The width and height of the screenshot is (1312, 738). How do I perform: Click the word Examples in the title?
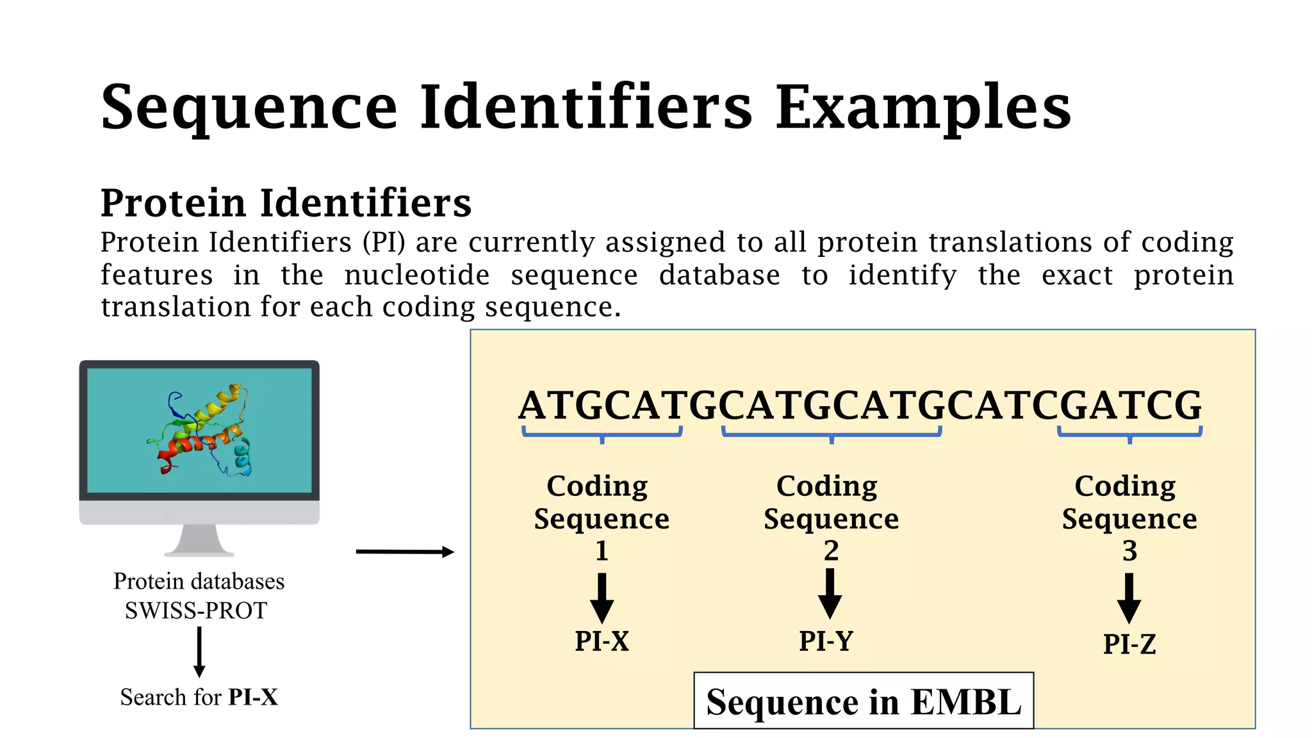click(922, 108)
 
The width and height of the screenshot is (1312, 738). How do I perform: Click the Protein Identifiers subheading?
click(286, 203)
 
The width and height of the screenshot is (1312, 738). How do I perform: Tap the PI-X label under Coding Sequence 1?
click(602, 641)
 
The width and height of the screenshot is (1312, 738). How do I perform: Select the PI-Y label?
click(826, 641)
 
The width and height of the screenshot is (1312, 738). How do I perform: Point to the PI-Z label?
click(1129, 644)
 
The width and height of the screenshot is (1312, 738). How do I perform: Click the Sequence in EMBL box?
click(863, 701)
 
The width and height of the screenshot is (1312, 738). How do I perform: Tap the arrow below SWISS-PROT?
click(199, 651)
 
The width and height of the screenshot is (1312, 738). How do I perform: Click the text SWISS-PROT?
click(196, 611)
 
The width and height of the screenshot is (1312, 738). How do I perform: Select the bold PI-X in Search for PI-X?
click(253, 697)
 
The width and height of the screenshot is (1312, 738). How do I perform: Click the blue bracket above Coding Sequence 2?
click(832, 434)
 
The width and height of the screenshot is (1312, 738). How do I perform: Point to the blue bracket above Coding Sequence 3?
click(1129, 434)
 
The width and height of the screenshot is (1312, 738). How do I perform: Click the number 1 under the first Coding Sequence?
click(602, 551)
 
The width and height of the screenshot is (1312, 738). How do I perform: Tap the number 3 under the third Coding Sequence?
click(1129, 551)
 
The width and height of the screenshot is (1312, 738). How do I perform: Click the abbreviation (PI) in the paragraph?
click(384, 243)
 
